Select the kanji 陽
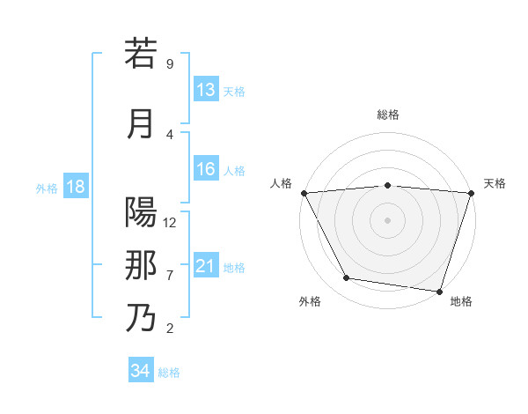tap(141, 213)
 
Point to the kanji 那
tap(141, 265)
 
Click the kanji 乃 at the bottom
tap(141, 318)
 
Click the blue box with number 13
tap(206, 90)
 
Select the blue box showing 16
tap(206, 170)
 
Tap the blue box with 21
tap(206, 266)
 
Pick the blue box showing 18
tap(75, 187)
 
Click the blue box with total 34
tap(140, 371)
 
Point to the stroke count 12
tap(170, 222)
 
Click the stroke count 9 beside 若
tap(169, 64)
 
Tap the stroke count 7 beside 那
tap(169, 276)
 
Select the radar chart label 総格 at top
tap(387, 115)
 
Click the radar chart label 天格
tap(495, 183)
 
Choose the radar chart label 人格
tap(281, 183)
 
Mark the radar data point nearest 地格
tap(439, 291)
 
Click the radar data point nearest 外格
tap(347, 278)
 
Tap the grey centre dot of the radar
tap(387, 219)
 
